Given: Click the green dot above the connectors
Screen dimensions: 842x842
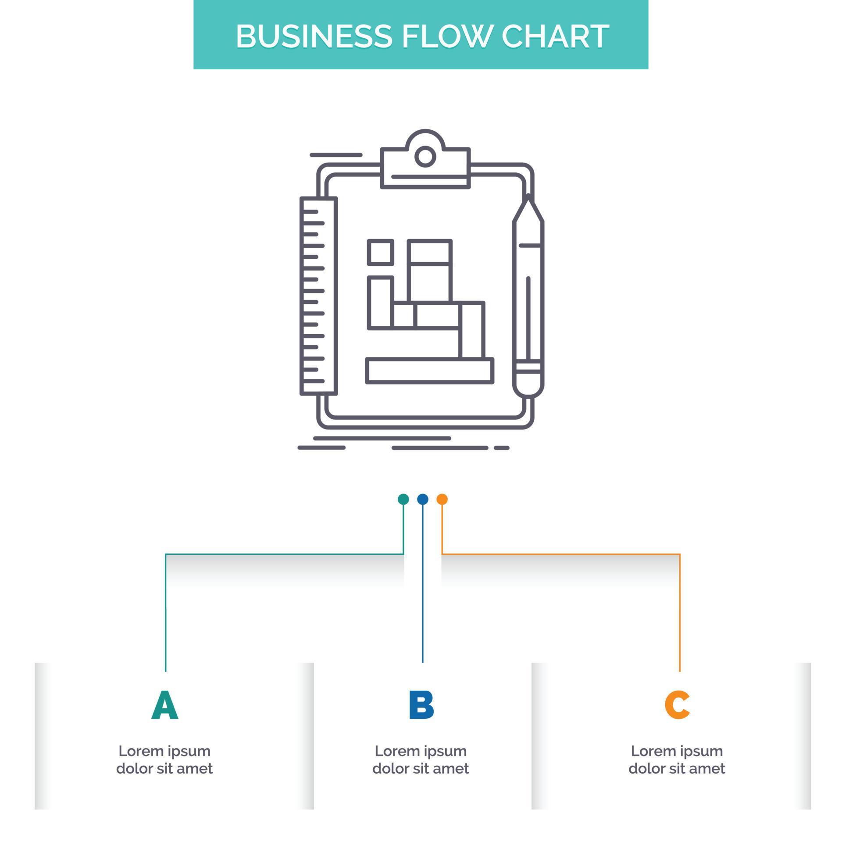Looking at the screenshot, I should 403,499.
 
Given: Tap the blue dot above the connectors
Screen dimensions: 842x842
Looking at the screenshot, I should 423,499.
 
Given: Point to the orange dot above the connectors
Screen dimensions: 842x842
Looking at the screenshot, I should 442,499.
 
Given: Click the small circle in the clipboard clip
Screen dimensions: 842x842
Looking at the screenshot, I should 425,156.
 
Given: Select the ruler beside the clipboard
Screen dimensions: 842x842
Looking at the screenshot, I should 319,296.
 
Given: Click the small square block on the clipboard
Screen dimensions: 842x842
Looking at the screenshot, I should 380,252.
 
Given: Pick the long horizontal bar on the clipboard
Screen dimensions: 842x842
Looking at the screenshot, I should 430,371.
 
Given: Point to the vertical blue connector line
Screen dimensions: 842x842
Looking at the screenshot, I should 423,592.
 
